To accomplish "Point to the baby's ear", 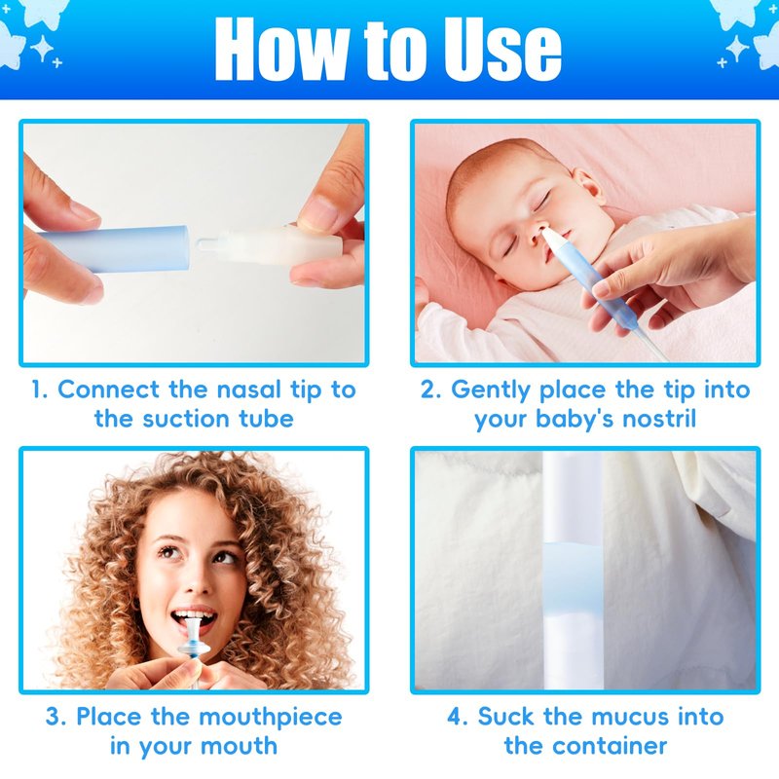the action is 589,185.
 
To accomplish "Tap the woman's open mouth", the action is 194,619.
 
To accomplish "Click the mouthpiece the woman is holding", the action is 193,641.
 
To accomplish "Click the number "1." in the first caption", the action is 40,389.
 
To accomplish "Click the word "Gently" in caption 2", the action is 491,390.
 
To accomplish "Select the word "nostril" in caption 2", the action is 659,419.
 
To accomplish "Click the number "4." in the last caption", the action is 457,717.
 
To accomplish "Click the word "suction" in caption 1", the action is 185,419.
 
